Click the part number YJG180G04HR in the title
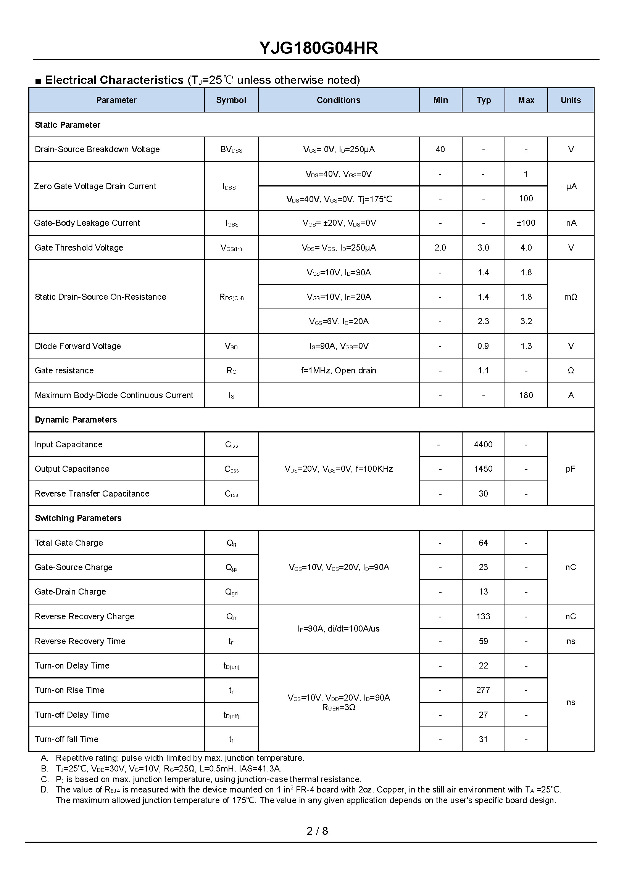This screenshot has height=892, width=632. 318,48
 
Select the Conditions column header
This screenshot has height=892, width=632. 338,100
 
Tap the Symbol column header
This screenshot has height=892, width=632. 231,100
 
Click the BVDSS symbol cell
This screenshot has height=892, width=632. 231,150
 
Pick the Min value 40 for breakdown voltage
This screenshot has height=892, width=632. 440,149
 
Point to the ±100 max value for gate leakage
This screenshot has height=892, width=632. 526,223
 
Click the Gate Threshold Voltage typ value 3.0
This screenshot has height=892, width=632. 483,248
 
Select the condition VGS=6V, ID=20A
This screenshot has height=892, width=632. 338,321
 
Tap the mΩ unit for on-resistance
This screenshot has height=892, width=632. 571,297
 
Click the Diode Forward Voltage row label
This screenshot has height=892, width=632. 78,346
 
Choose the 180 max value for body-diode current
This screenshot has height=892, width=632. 526,395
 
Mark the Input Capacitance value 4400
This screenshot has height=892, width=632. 483,444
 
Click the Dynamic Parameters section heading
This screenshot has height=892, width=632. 76,420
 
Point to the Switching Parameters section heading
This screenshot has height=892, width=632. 78,518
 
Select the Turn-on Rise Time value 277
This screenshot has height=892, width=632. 483,690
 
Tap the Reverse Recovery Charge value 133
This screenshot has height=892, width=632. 483,617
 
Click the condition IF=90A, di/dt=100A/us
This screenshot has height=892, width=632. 338,629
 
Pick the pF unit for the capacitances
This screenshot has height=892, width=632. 571,469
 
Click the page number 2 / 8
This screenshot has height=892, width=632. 317,831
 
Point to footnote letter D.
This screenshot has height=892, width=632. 44,790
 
